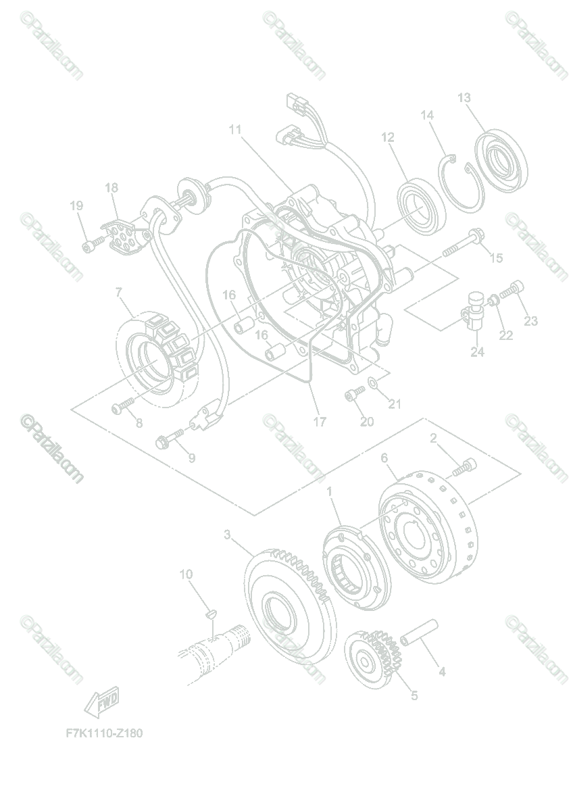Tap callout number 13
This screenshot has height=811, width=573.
[464, 98]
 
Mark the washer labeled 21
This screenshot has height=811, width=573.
[372, 386]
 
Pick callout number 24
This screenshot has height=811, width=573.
[477, 352]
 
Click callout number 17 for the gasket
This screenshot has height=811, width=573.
[320, 422]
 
